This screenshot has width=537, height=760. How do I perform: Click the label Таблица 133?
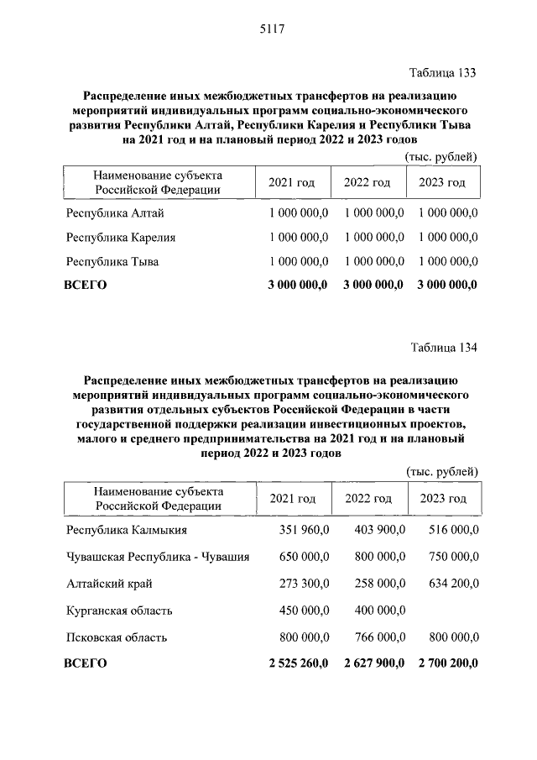442,73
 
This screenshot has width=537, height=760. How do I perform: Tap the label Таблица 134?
442,347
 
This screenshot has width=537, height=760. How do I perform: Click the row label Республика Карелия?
121,238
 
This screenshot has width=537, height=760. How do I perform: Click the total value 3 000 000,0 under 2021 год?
298,285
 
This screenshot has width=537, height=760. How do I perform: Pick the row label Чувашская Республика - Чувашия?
158,556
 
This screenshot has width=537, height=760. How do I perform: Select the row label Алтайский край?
109,583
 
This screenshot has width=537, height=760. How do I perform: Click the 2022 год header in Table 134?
368,499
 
